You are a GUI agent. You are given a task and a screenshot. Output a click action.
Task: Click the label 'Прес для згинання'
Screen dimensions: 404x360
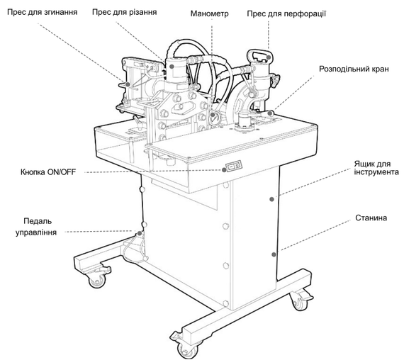click(x=43, y=12)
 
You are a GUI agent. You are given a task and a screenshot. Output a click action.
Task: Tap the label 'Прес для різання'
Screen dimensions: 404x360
click(x=125, y=12)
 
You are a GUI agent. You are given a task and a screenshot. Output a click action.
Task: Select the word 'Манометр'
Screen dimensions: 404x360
click(x=209, y=13)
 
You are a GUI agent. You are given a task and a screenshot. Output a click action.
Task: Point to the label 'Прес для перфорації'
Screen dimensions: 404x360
click(x=286, y=13)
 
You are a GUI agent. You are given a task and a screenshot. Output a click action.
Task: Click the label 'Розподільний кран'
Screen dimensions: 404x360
click(x=354, y=69)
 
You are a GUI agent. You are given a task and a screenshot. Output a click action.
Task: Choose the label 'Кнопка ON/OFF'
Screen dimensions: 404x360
click(x=48, y=172)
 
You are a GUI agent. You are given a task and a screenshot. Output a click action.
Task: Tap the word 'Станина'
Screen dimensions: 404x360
click(x=371, y=218)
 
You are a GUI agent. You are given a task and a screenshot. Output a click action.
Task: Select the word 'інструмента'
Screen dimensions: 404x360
click(x=376, y=172)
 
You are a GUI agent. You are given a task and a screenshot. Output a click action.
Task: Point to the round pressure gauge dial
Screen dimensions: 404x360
click(x=214, y=118)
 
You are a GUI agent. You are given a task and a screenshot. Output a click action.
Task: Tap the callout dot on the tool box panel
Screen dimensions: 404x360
click(x=271, y=199)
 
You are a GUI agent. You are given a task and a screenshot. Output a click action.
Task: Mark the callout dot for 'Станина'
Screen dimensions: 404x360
click(x=274, y=254)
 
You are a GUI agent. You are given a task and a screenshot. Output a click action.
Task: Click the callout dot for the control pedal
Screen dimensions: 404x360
click(x=139, y=233)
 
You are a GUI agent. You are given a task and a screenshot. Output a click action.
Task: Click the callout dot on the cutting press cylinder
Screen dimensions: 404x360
click(x=172, y=66)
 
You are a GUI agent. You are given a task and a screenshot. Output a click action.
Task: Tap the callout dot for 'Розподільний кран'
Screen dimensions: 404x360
click(x=270, y=113)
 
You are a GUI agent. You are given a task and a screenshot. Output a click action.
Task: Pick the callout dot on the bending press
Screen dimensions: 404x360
click(x=128, y=84)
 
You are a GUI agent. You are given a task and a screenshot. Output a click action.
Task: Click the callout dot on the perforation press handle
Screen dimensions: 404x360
click(x=268, y=57)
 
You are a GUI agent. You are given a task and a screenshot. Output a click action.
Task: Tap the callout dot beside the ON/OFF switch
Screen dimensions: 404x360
click(x=224, y=170)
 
